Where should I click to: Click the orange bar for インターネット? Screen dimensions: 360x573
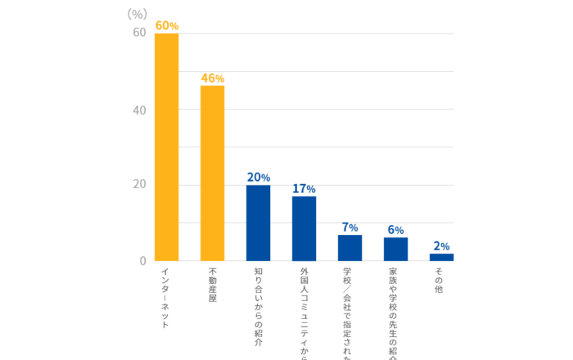coord(166,147)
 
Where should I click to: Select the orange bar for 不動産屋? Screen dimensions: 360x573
coord(212,173)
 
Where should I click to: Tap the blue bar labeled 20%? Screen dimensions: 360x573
coord(258,223)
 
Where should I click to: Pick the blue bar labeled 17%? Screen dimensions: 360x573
coord(304,228)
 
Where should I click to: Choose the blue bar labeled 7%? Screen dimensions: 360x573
coord(350,248)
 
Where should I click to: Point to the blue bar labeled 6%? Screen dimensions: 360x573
coord(395,249)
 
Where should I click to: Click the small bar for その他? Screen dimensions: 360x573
coord(441,257)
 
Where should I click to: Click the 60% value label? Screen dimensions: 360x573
coord(166,26)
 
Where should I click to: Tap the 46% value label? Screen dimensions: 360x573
coord(212,79)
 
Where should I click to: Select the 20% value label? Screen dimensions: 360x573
coord(258,178)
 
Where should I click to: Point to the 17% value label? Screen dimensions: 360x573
coord(304,189)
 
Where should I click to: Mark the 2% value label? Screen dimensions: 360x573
coord(441,246)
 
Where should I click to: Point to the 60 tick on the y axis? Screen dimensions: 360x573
coord(139,33)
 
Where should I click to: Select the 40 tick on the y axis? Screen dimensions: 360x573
coord(139,110)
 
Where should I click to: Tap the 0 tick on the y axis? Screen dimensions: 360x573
coord(142,261)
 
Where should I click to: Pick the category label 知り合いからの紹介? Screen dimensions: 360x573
coord(258,308)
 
